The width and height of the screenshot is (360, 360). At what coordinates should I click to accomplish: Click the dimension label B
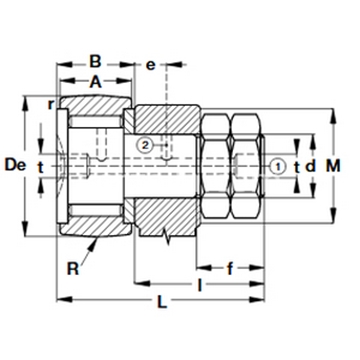pyautogui.click(x=95, y=61)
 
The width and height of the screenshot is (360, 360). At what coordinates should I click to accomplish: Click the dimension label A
pyautogui.click(x=96, y=81)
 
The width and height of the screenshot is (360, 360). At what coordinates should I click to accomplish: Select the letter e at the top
pyautogui.click(x=151, y=65)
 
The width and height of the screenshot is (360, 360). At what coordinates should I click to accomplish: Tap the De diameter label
pyautogui.click(x=15, y=165)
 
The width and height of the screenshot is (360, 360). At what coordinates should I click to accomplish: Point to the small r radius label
pyautogui.click(x=51, y=105)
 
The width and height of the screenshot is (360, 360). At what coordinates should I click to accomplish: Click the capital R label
pyautogui.click(x=73, y=268)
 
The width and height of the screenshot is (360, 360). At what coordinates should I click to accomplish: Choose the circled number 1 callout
pyautogui.click(x=277, y=166)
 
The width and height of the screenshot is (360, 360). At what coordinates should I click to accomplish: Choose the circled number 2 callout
pyautogui.click(x=145, y=145)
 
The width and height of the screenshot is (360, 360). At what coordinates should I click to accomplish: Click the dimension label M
pyautogui.click(x=333, y=166)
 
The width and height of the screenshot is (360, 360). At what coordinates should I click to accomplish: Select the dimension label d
pyautogui.click(x=311, y=166)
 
